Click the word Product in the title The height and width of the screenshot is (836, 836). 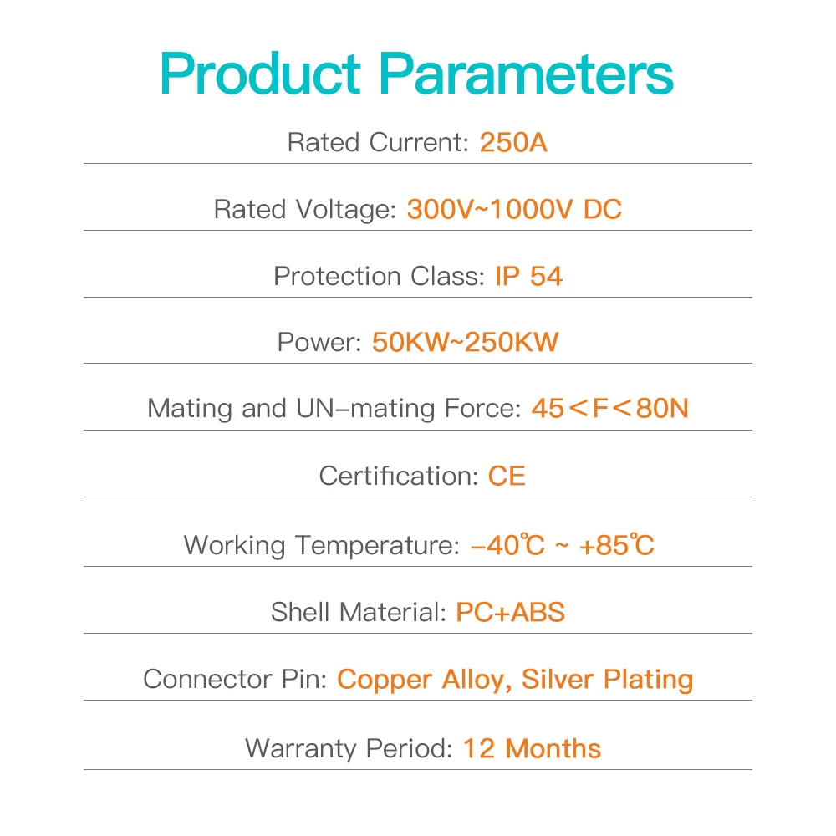pyautogui.click(x=261, y=74)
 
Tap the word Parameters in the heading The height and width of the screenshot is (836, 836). pyautogui.click(x=526, y=74)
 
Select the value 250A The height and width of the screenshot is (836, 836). pyautogui.click(x=513, y=142)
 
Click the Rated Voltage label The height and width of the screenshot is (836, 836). pyautogui.click(x=305, y=209)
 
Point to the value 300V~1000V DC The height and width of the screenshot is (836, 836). pyautogui.click(x=514, y=209)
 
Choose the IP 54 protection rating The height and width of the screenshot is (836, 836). pyautogui.click(x=529, y=276)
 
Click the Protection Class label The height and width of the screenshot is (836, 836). pyautogui.click(x=379, y=276)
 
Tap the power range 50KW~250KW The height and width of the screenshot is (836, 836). pyautogui.click(x=466, y=342)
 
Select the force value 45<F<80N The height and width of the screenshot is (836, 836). pyautogui.click(x=610, y=409)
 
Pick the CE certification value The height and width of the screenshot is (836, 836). pyautogui.click(x=507, y=477)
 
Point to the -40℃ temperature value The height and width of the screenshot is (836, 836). pyautogui.click(x=508, y=545)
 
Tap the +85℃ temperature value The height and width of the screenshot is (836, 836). pyautogui.click(x=616, y=545)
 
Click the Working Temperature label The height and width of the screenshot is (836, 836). pyautogui.click(x=322, y=545)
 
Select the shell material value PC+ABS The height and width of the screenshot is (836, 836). pyautogui.click(x=510, y=612)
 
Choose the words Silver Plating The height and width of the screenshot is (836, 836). pyautogui.click(x=607, y=680)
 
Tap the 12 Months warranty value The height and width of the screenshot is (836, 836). pyautogui.click(x=532, y=748)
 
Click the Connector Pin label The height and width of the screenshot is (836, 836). pyautogui.click(x=235, y=679)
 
